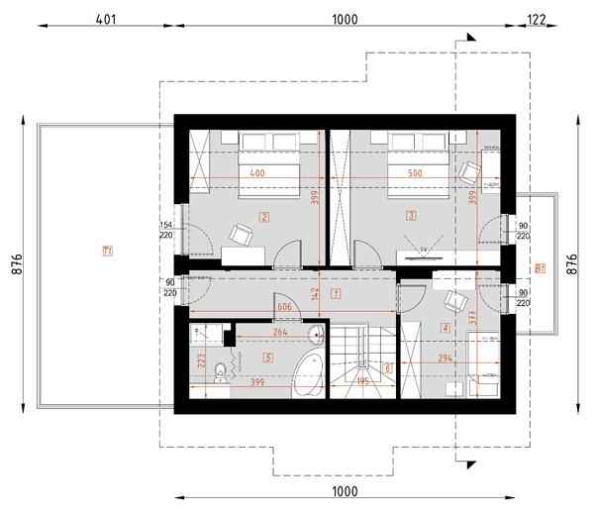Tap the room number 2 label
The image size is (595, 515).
tap(263, 215)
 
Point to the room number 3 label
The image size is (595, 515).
tap(409, 215)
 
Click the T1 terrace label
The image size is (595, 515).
tap(107, 251)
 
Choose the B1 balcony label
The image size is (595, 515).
tap(539, 267)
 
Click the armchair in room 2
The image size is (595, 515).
tap(240, 234)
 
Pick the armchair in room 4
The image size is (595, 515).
tap(455, 302)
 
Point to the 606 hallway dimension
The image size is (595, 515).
tap(285, 308)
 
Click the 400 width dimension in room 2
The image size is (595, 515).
tap(257, 174)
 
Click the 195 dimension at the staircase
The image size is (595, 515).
tap(363, 379)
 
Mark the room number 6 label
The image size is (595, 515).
tap(386, 367)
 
